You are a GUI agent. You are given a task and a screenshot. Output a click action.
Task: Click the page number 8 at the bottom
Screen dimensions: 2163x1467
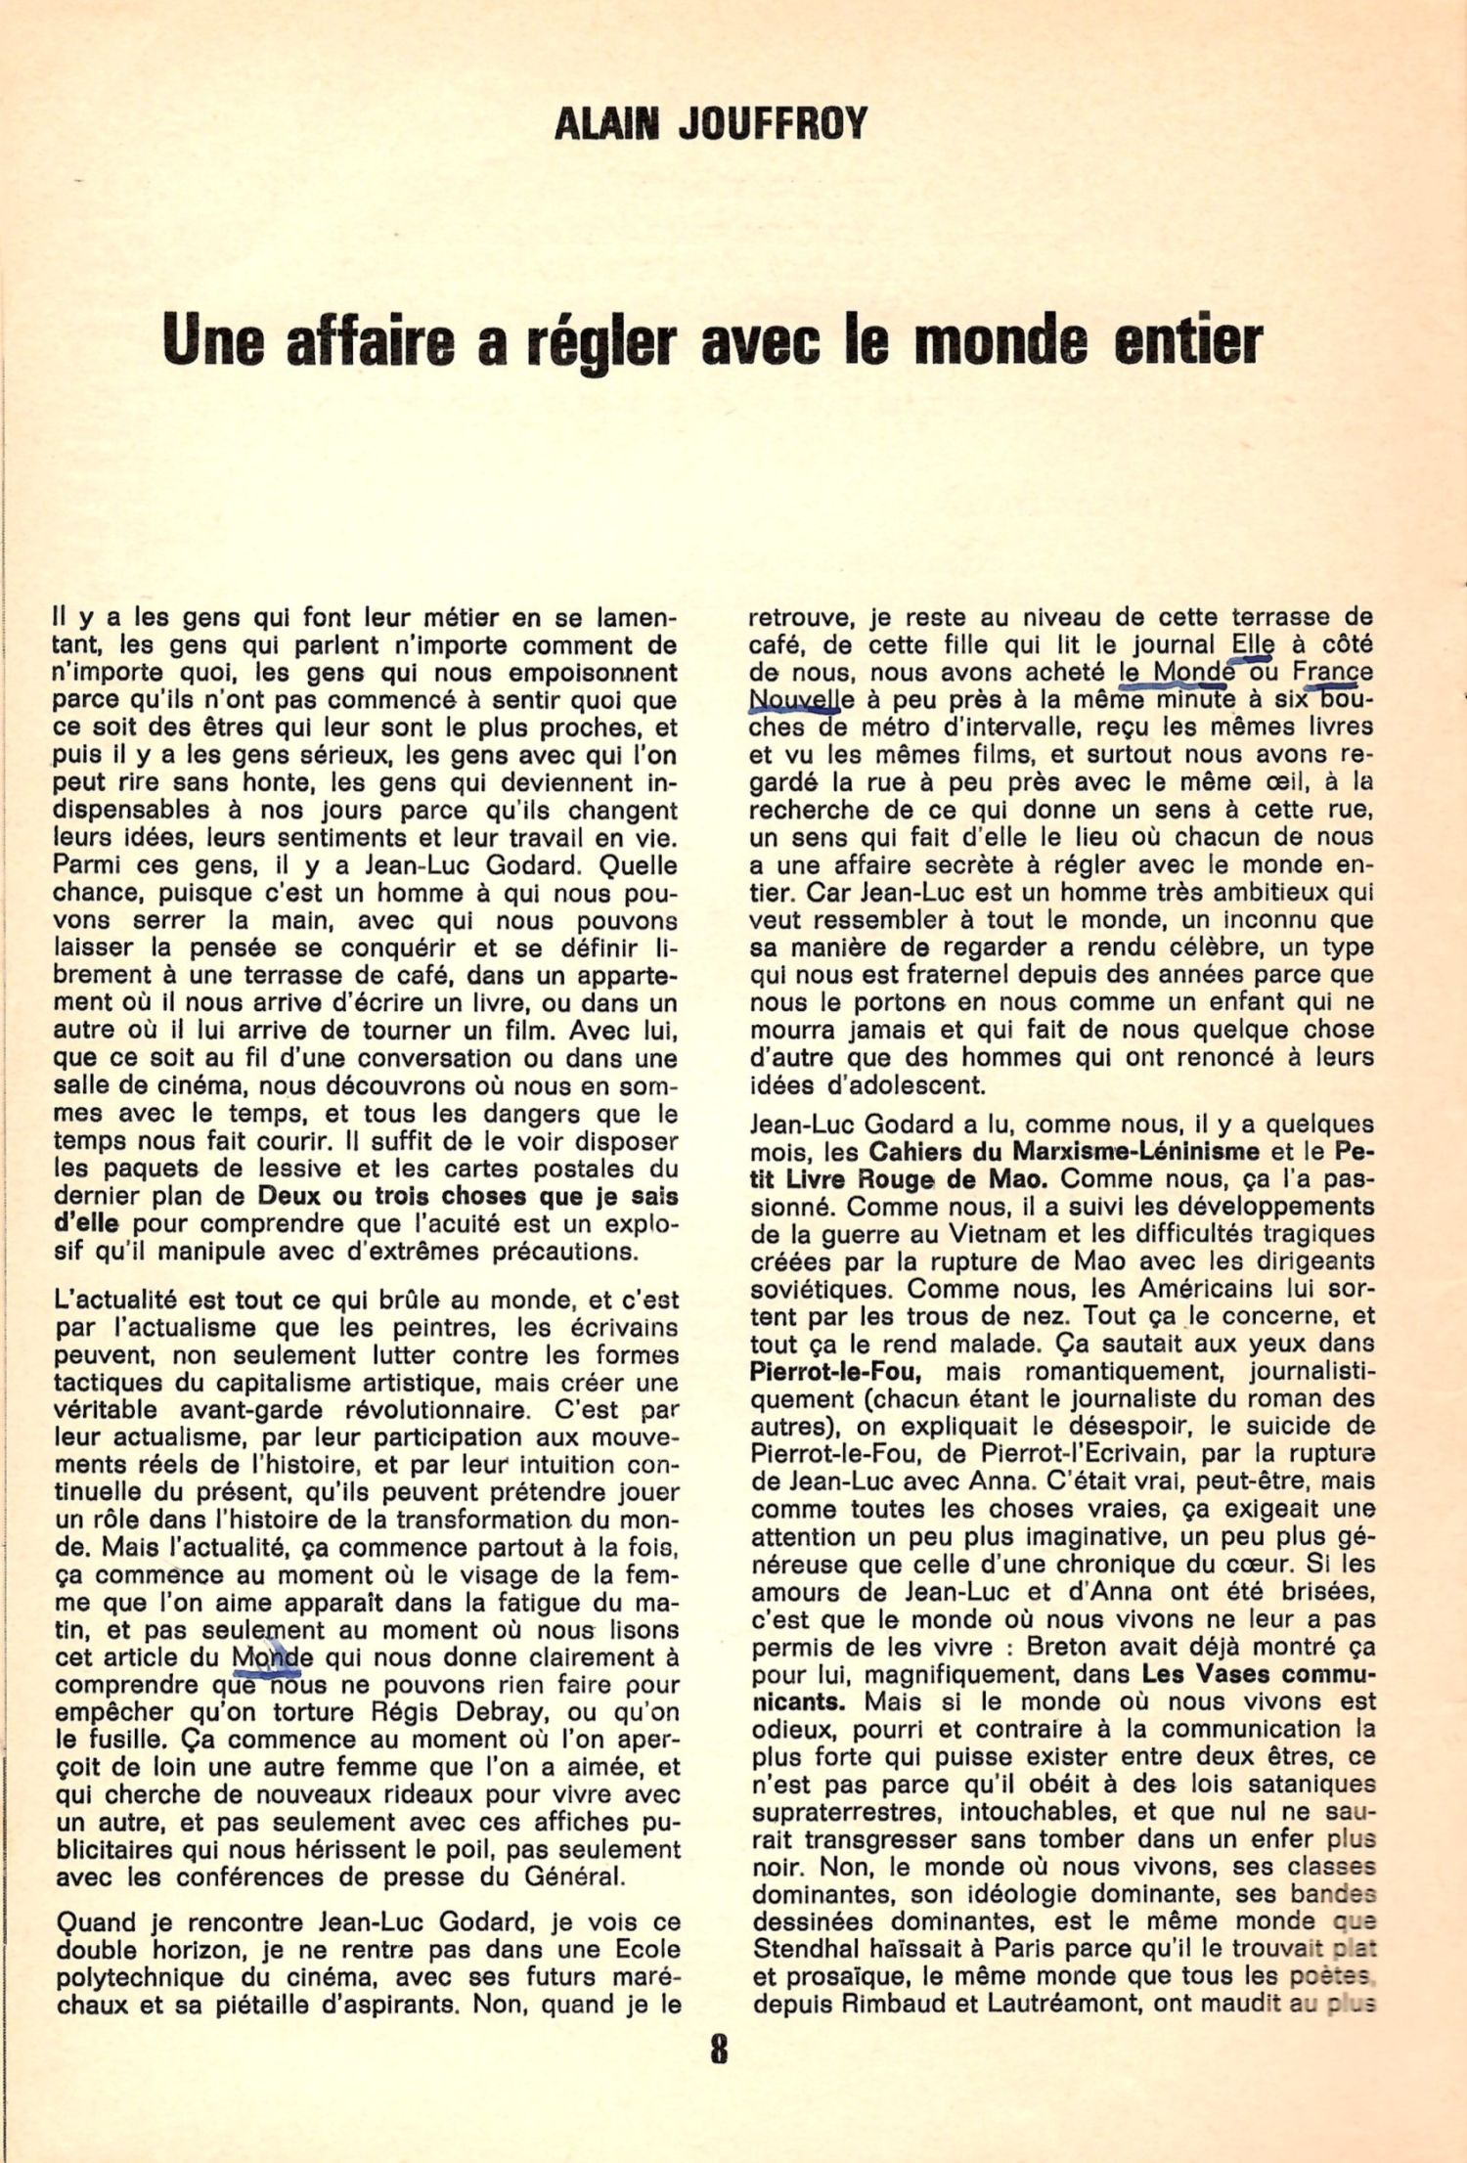coord(719,2048)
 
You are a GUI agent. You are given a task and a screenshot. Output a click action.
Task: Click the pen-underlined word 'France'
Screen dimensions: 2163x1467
coord(1332,673)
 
